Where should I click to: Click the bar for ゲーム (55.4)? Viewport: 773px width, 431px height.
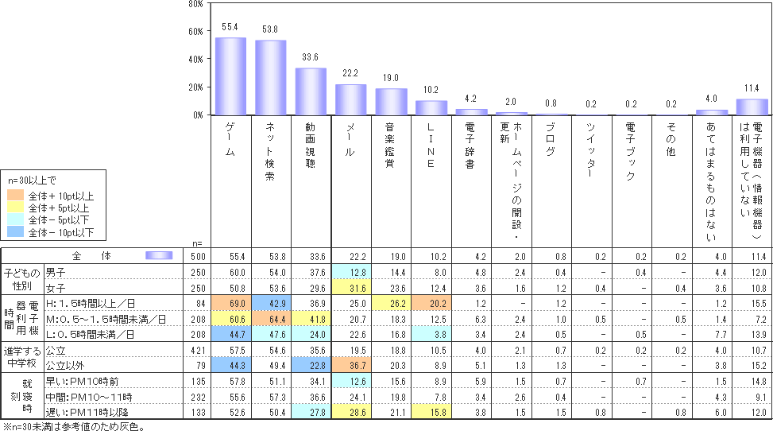(x=230, y=76)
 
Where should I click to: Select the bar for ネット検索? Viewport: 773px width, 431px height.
(x=270, y=78)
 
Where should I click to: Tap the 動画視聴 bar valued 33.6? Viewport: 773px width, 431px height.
(x=311, y=91)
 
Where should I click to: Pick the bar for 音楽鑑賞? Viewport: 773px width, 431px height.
(x=391, y=102)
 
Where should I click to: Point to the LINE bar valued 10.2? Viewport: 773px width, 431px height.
(x=431, y=108)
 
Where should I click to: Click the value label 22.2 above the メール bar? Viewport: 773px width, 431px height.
(x=351, y=74)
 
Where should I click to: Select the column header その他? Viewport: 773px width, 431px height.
(x=671, y=139)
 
